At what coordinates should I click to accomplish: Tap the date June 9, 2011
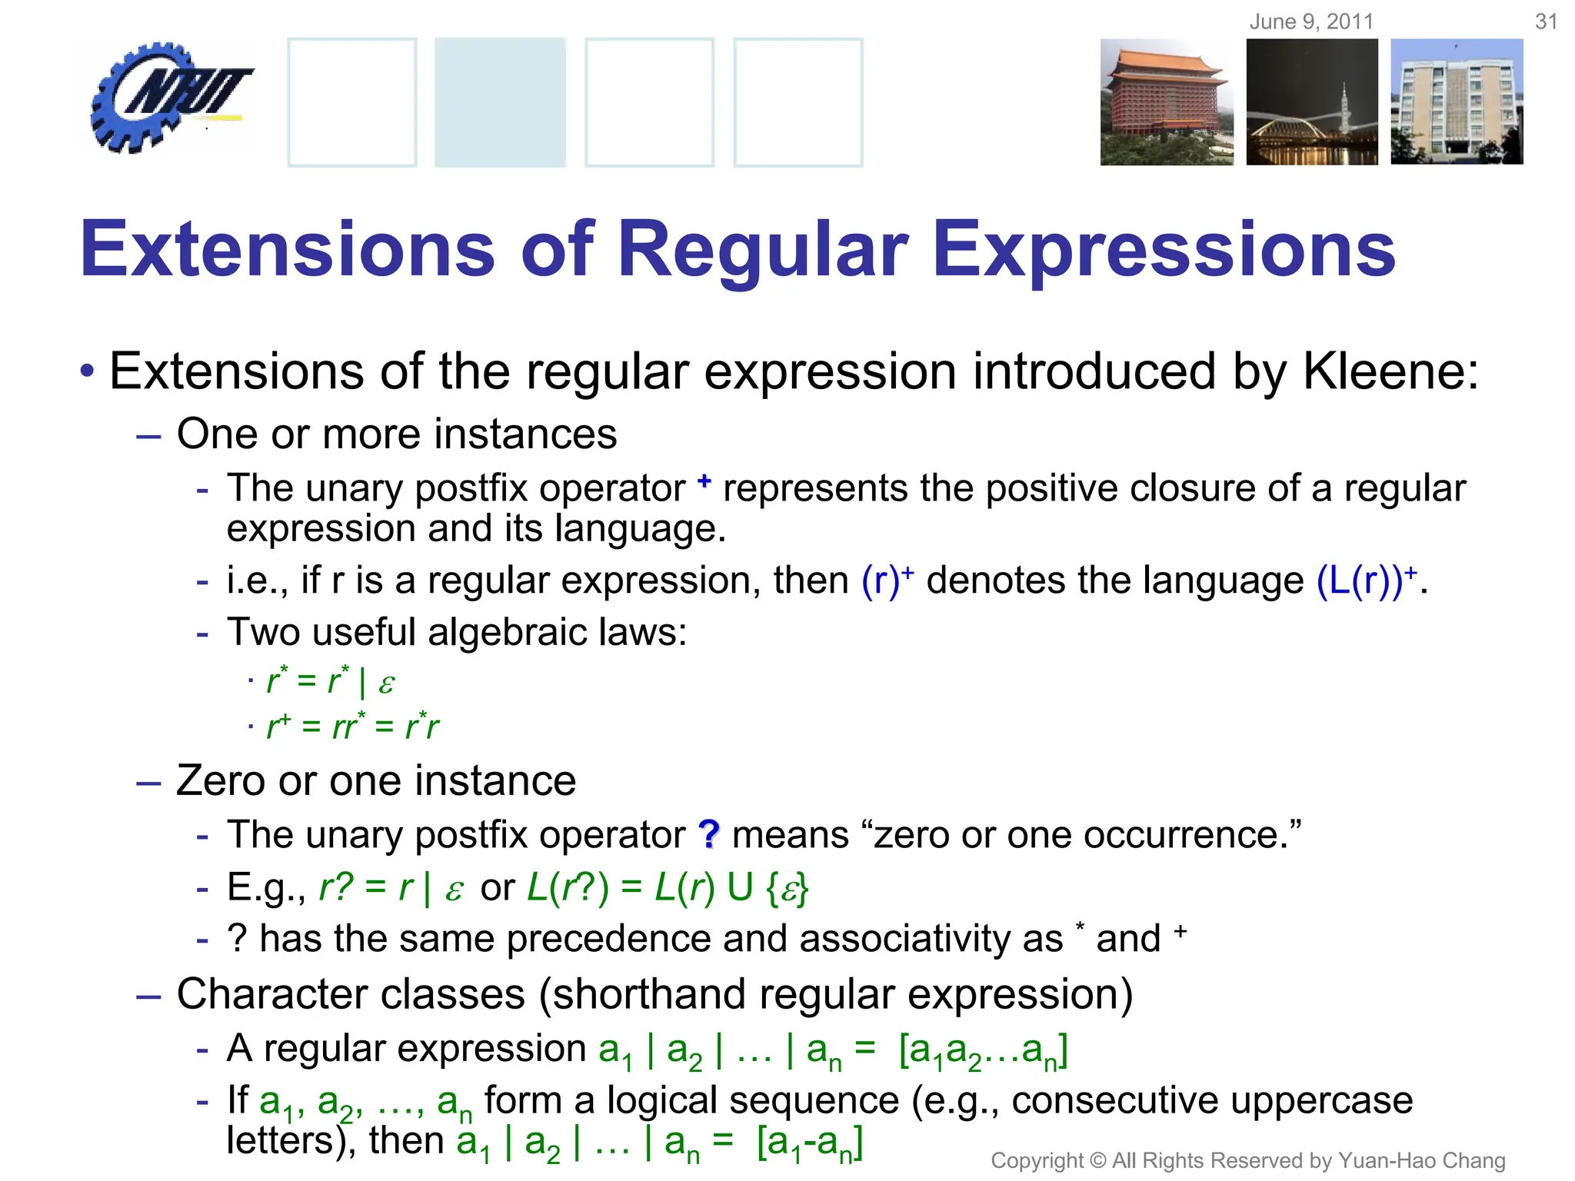point(1311,22)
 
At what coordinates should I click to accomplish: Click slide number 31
point(1546,22)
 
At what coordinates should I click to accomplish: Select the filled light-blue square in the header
point(500,102)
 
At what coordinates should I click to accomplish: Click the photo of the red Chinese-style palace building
point(1166,102)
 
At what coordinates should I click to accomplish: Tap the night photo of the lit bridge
point(1312,102)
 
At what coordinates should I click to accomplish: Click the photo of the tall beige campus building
point(1457,102)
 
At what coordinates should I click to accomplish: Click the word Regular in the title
point(763,250)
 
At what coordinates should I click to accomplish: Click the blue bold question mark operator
point(708,834)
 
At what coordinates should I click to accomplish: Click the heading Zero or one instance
point(375,781)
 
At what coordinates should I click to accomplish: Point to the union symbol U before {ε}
point(740,888)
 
